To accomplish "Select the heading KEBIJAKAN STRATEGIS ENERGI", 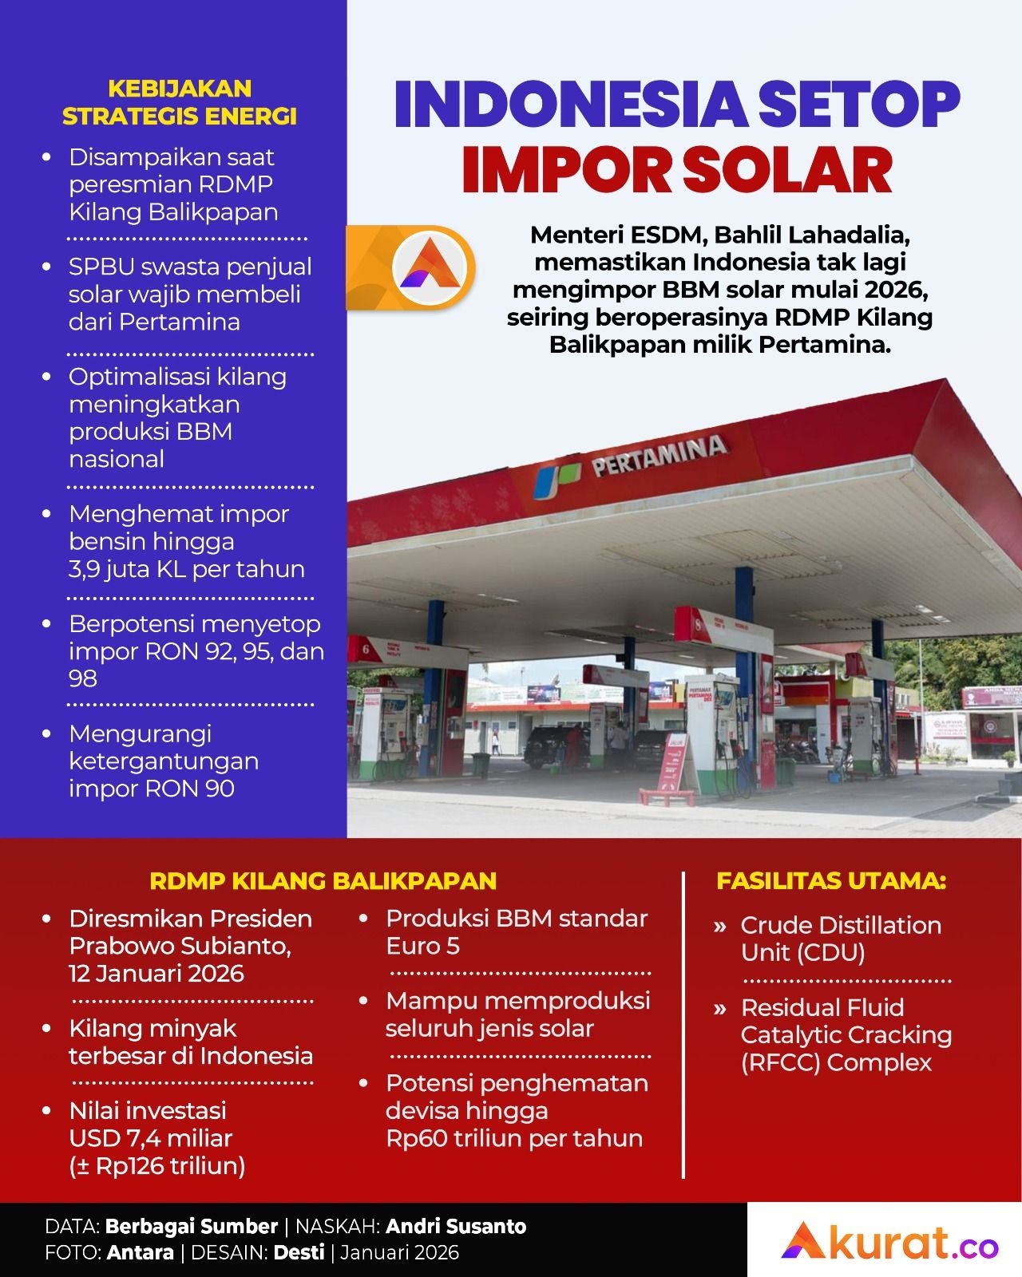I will coord(180,102).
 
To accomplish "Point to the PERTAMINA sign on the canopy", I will coord(659,457).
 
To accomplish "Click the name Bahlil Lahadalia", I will coord(813,235).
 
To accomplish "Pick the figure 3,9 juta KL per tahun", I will coord(187,569).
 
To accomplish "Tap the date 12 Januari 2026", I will coord(156,974).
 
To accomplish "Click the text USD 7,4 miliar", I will coord(151,1138).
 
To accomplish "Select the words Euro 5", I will coord(422,947).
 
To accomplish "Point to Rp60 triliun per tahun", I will coord(514,1138).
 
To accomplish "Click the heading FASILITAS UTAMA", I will coord(831,881).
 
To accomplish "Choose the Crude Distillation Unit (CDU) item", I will coord(841,939).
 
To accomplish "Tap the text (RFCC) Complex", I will coord(836,1063).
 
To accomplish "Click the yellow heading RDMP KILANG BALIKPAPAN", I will coord(323,881).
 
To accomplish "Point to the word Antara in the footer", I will coord(141,1252).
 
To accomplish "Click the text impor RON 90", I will coord(152,789).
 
